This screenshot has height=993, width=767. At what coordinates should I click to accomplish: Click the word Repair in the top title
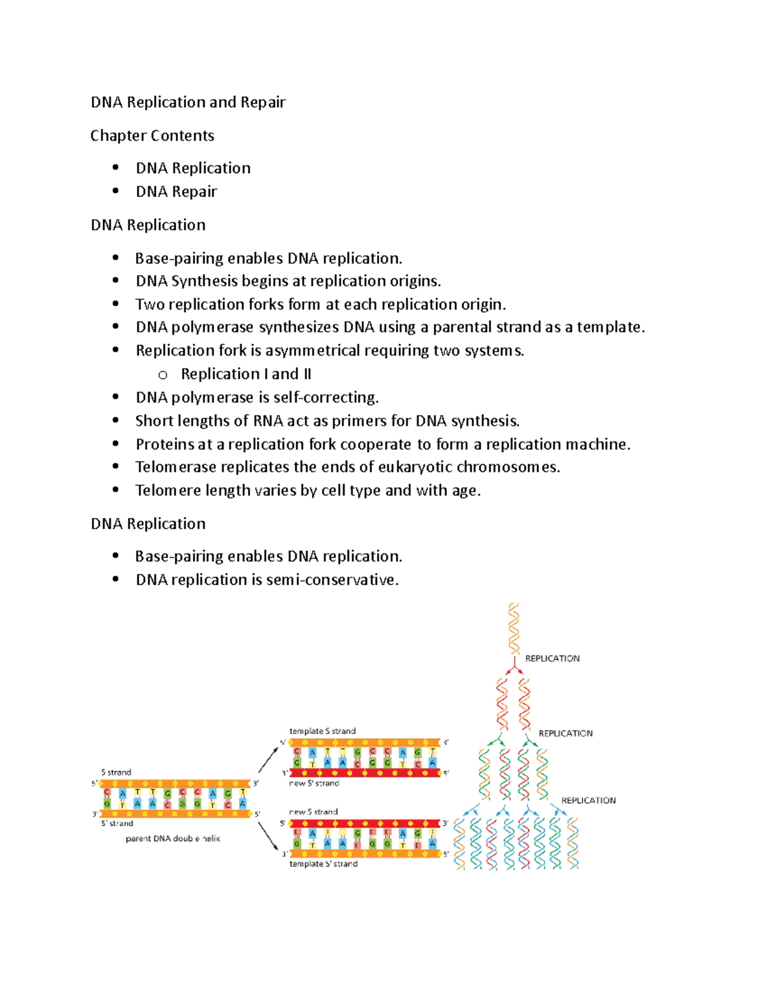pyautogui.click(x=263, y=102)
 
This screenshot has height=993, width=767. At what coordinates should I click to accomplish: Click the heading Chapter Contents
pyautogui.click(x=152, y=136)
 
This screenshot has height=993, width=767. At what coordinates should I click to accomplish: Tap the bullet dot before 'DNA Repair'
pyautogui.click(x=116, y=191)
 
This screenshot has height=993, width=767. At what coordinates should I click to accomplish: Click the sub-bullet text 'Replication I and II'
pyautogui.click(x=246, y=374)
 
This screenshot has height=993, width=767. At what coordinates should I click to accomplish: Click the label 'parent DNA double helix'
pyautogui.click(x=173, y=838)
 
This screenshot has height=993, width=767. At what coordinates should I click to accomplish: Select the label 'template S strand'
pyautogui.click(x=322, y=731)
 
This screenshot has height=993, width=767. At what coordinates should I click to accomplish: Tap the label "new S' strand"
pyautogui.click(x=314, y=783)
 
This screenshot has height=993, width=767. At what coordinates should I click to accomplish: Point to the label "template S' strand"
pyautogui.click(x=323, y=864)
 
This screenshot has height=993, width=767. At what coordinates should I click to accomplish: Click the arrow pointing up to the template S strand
pyautogui.click(x=268, y=759)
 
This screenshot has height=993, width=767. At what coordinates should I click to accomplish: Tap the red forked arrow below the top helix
pyautogui.click(x=514, y=668)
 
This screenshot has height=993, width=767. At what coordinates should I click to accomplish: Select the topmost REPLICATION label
pyautogui.click(x=552, y=659)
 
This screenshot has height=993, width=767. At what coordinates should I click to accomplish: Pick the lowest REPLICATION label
pyautogui.click(x=588, y=801)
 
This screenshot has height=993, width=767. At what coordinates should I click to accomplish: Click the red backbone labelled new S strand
pyautogui.click(x=365, y=824)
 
